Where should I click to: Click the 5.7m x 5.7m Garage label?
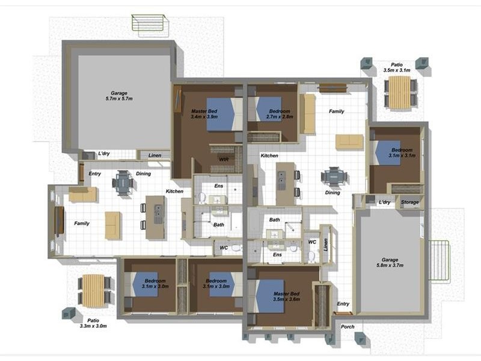pos(119,96)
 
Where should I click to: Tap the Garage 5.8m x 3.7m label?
pos(390,262)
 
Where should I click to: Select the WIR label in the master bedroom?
pos(224,159)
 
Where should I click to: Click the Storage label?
pos(410,202)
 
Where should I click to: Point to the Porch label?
pos(348,327)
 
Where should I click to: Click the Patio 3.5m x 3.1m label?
pos(397,67)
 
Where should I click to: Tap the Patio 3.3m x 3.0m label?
pos(93,323)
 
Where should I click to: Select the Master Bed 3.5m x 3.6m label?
pos(287,296)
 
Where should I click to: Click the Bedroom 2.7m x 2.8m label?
pos(280,114)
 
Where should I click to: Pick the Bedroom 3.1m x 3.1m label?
pos(402,153)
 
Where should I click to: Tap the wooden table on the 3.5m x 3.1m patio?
pos(399,92)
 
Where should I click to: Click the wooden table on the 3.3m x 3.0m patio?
pos(94,291)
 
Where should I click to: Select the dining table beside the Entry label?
pos(123,183)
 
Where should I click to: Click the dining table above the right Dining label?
pos(334,176)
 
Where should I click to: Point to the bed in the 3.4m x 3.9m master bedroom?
pos(224,114)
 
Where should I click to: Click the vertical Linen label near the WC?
pos(326,245)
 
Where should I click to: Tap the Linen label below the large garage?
pos(155,155)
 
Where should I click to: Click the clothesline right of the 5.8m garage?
pos(440,261)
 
